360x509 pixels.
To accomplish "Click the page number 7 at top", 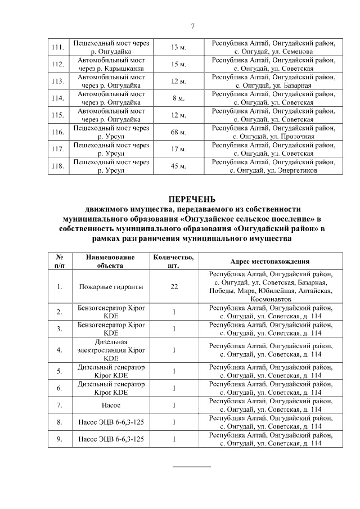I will click(193, 26).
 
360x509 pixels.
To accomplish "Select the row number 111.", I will click(57, 47).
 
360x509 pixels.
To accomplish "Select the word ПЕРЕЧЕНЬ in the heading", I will click(193, 199).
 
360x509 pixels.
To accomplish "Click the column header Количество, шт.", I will click(174, 262).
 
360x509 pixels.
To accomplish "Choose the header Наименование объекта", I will click(110, 262).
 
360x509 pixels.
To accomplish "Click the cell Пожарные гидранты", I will click(110, 287).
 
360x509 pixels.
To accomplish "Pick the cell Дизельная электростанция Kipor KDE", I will click(110, 350).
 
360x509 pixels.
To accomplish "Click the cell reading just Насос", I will click(110, 405).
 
